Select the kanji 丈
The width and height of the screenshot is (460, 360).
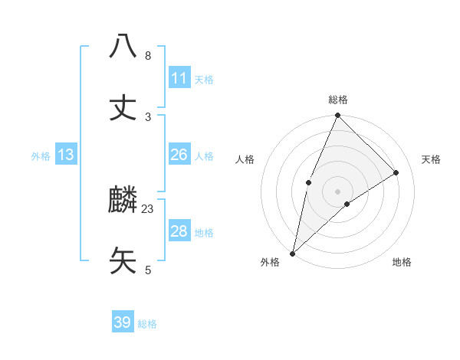click(x=123, y=107)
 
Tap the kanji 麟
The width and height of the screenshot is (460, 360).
click(x=123, y=200)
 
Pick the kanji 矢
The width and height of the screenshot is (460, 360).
click(x=123, y=260)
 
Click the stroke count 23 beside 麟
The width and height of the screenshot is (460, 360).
click(x=148, y=208)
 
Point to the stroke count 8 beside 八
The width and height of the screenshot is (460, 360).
click(x=148, y=56)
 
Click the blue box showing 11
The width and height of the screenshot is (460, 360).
click(x=179, y=78)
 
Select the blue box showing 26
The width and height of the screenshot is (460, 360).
click(x=179, y=155)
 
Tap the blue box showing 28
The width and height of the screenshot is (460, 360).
click(x=179, y=231)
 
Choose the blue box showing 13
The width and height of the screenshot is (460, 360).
click(x=66, y=155)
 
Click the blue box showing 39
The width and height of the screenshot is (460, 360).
click(x=123, y=322)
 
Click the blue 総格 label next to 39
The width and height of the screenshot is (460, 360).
click(x=147, y=324)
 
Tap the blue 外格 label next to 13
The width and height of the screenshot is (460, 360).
click(x=41, y=156)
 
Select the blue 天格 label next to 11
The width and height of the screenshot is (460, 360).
click(x=204, y=80)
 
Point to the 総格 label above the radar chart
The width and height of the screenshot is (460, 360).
click(x=338, y=100)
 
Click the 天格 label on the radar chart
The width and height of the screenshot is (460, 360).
click(x=431, y=159)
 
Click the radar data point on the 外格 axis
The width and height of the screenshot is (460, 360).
click(x=292, y=253)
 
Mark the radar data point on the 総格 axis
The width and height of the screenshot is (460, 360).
click(x=337, y=116)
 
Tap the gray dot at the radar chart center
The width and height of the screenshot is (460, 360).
click(x=337, y=191)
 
